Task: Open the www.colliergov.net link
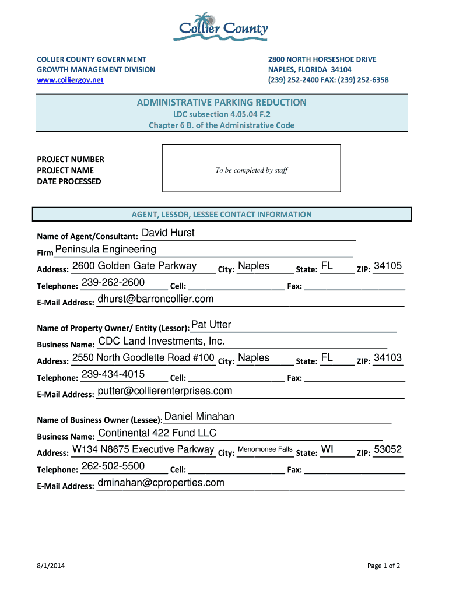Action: pos(70,80)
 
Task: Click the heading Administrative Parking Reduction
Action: pos(222,103)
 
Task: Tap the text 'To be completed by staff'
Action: pos(251,170)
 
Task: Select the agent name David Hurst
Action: pos(168,233)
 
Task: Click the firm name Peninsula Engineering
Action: pos(106,250)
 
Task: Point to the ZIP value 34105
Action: pos(388,266)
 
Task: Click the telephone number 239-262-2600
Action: pos(113,283)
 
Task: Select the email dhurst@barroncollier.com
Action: pos(156,299)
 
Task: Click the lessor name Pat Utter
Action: pos(211,325)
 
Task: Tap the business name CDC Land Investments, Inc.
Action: pos(162,341)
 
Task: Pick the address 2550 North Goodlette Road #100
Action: pos(143,358)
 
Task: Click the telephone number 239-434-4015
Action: pos(113,374)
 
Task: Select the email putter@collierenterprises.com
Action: pos(165,391)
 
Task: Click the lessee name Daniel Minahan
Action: pos(199,416)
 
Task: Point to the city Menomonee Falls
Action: pos(265,449)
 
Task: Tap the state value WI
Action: pos(327,449)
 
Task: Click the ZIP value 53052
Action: pos(388,449)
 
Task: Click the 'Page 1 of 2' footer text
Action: pos(384,566)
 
